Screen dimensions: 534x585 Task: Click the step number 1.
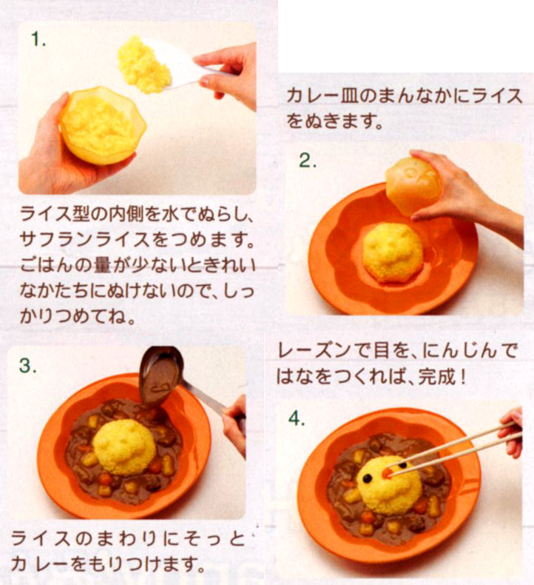(x=38, y=39)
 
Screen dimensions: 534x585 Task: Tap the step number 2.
(x=308, y=161)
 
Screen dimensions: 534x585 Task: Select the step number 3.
(x=28, y=366)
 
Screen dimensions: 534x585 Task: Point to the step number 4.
(x=297, y=418)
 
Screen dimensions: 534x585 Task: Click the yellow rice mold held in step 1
(x=103, y=125)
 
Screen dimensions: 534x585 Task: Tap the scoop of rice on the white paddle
(x=143, y=64)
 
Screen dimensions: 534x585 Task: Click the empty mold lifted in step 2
(x=412, y=185)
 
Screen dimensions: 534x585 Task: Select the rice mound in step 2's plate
(x=393, y=252)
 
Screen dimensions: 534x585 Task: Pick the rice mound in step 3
(x=124, y=447)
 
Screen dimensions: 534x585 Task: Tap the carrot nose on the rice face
(x=388, y=472)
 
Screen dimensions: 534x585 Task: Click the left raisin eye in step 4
(x=368, y=478)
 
